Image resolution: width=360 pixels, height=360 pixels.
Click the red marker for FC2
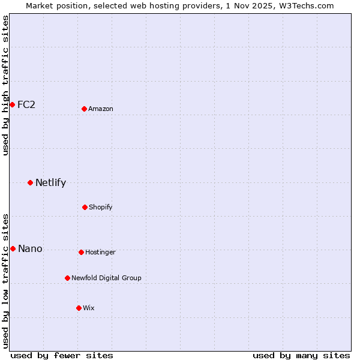12,104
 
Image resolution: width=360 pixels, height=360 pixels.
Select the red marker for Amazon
84,109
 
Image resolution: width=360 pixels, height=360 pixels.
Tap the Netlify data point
30,182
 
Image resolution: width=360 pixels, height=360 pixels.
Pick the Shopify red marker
85,207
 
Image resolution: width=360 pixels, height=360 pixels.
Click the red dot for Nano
13,248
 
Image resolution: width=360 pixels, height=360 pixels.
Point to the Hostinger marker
81,252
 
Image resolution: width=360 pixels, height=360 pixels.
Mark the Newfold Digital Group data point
67,278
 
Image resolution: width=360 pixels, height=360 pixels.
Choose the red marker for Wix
79,308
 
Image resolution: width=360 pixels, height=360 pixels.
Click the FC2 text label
26,104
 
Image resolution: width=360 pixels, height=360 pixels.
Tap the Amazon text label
101,109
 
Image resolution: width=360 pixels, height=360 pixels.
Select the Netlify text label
50,182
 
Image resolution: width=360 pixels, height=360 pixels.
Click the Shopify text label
101,207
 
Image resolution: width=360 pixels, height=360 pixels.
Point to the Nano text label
30,248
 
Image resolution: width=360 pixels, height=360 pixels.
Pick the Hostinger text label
100,252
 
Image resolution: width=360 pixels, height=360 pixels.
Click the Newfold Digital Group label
106,278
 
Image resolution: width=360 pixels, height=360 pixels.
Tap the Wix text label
89,308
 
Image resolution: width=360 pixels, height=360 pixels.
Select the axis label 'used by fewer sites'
62,355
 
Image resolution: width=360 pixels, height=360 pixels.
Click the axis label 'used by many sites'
301,355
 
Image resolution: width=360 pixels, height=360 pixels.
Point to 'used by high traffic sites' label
5,85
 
